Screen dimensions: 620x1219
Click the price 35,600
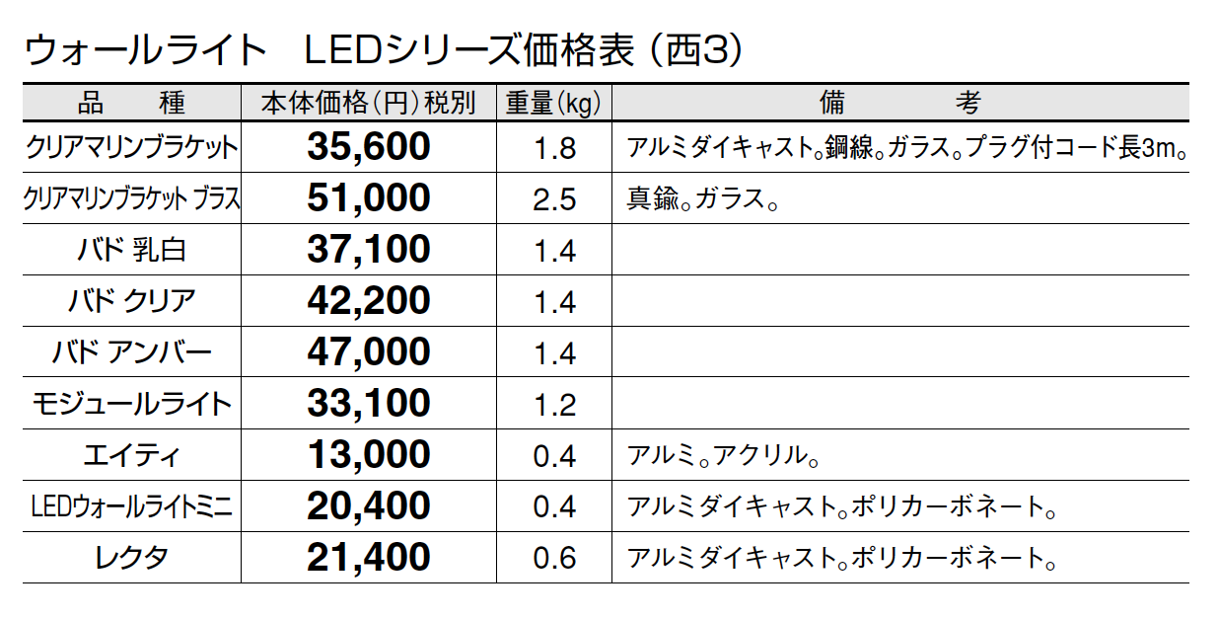pyautogui.click(x=369, y=147)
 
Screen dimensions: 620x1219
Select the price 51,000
pyautogui.click(x=369, y=198)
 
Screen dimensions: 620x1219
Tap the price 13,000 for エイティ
pyautogui.click(x=369, y=455)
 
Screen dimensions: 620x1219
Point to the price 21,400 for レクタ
pyautogui.click(x=369, y=558)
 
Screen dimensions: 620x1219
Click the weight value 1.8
pyautogui.click(x=553, y=149)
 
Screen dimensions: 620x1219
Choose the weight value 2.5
pyautogui.click(x=553, y=199)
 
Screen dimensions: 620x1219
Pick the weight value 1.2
pyautogui.click(x=553, y=405)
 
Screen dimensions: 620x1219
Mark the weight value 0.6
pyautogui.click(x=553, y=559)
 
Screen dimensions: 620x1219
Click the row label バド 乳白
pyautogui.click(x=131, y=250)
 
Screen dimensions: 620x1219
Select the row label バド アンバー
pyautogui.click(x=131, y=352)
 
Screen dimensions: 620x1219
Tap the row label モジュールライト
pyautogui.click(x=131, y=404)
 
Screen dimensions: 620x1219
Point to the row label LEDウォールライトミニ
pyautogui.click(x=131, y=507)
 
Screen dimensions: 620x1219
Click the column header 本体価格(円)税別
pyautogui.click(x=368, y=103)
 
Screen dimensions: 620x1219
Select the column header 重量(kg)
pyautogui.click(x=553, y=103)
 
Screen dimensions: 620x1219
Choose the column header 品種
pyautogui.click(x=131, y=103)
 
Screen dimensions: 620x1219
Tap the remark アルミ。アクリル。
pyautogui.click(x=724, y=456)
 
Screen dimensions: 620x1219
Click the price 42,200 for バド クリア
pyautogui.click(x=369, y=301)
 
